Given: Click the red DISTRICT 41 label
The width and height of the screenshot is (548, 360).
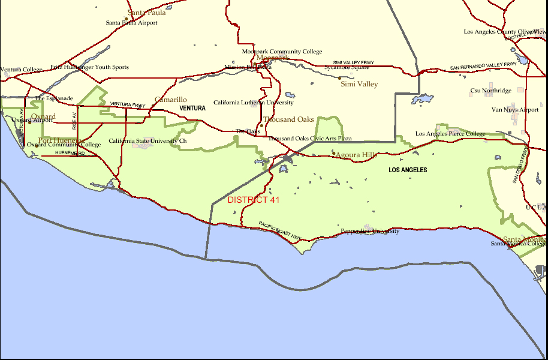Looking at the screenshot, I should pyautogui.click(x=254, y=200).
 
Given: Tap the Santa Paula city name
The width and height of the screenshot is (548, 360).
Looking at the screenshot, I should pyautogui.click(x=147, y=13).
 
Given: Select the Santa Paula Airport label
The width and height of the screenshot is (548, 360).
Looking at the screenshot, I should pyautogui.click(x=131, y=23).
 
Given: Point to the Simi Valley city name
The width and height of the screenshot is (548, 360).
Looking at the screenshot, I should pyautogui.click(x=359, y=84).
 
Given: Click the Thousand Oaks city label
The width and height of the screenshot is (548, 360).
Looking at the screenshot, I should pyautogui.click(x=288, y=119).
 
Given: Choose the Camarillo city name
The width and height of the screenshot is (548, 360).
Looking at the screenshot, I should pyautogui.click(x=171, y=100).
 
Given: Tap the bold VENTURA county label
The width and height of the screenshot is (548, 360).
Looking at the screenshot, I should pyautogui.click(x=192, y=109).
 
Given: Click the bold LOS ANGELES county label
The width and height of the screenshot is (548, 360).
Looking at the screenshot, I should pyautogui.click(x=408, y=170).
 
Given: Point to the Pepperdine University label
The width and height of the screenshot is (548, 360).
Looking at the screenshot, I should pyautogui.click(x=369, y=231).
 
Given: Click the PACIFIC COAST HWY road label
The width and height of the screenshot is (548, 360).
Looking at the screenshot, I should pyautogui.click(x=280, y=232).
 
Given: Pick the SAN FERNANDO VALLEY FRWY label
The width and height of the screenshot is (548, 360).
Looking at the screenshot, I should pyautogui.click(x=483, y=65).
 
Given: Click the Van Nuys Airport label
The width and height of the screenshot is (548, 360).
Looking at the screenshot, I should pyautogui.click(x=515, y=110).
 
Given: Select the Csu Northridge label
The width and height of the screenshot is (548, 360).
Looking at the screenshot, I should pyautogui.click(x=490, y=91).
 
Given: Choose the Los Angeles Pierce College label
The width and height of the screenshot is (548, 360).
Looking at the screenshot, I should pyautogui.click(x=450, y=134).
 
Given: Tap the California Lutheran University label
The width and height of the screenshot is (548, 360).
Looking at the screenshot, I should pyautogui.click(x=254, y=103).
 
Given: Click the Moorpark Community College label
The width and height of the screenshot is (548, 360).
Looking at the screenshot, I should pyautogui.click(x=282, y=52).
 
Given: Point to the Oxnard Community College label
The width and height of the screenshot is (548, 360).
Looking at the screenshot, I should pyautogui.click(x=64, y=145).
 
